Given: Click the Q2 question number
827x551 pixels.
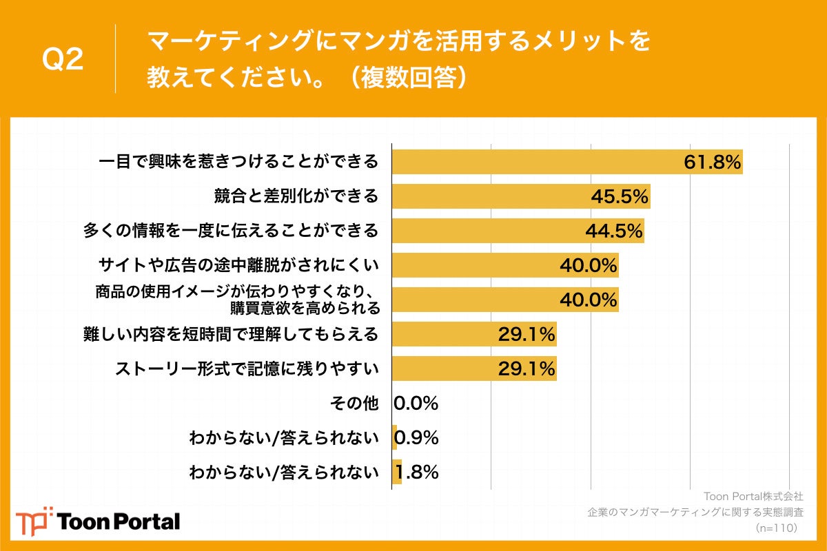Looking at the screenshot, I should click(x=63, y=60).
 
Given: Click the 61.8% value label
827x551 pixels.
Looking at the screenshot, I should click(x=712, y=162).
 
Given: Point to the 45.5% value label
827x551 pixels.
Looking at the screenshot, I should click(x=620, y=196).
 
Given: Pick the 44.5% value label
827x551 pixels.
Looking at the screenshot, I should click(x=613, y=231).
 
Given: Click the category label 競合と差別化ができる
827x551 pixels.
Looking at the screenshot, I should click(x=296, y=196).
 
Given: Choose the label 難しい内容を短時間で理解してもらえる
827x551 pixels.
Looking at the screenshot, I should click(x=231, y=335).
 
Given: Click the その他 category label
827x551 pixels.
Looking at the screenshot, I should click(x=355, y=404).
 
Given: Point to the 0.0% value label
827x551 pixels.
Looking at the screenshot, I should click(x=416, y=404).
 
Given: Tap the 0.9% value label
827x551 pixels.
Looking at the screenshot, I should click(x=416, y=438).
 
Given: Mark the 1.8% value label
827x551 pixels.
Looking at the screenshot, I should click(x=416, y=472).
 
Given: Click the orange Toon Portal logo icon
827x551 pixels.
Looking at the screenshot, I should click(x=34, y=521).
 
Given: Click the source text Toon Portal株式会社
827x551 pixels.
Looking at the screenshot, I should click(x=753, y=497).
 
